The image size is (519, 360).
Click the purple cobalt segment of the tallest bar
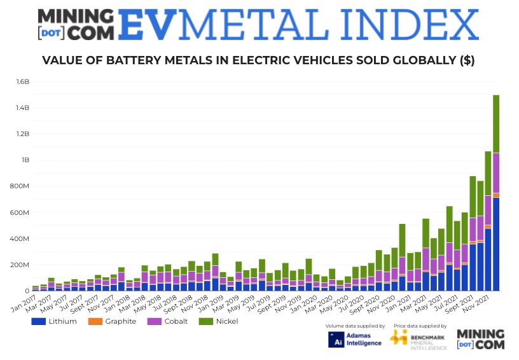coord(496,172)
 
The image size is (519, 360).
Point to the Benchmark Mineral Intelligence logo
coord(417,339)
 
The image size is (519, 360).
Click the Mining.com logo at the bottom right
coord(481,339)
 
